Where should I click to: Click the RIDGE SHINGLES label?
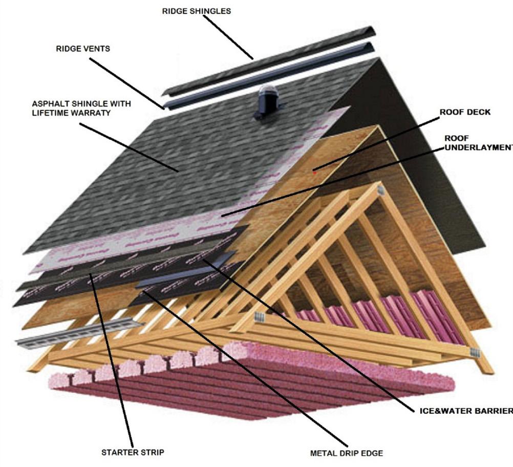196,11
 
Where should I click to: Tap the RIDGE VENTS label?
83,49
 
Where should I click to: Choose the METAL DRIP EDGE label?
346,453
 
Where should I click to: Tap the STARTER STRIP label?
133,452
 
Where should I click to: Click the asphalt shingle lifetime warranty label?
81,108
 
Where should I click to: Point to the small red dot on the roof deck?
315,173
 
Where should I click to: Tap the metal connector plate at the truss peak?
380,190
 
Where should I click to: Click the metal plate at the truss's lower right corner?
475,353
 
